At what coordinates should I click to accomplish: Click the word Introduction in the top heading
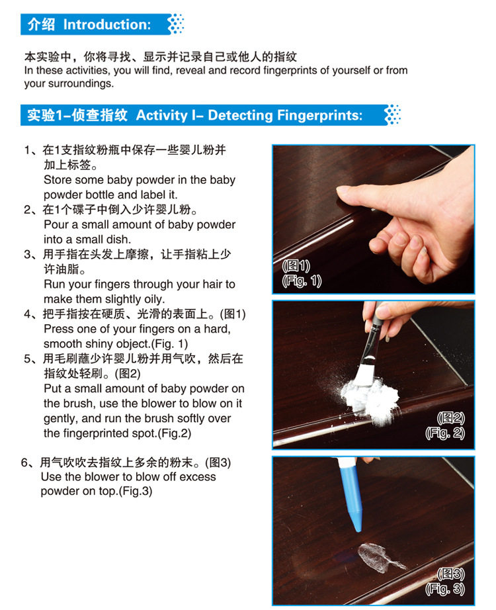point(106,24)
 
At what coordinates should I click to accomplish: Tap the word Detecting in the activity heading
point(240,115)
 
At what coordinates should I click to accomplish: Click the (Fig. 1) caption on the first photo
point(302,281)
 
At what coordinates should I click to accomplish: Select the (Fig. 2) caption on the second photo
point(444,433)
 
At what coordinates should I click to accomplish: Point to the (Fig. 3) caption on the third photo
point(444,589)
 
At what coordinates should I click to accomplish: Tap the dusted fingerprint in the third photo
point(380,558)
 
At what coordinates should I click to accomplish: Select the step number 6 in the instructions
point(24,462)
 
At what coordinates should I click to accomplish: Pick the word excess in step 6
point(195,476)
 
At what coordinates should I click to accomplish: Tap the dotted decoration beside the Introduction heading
point(176,24)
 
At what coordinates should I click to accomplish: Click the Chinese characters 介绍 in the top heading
point(41,24)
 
